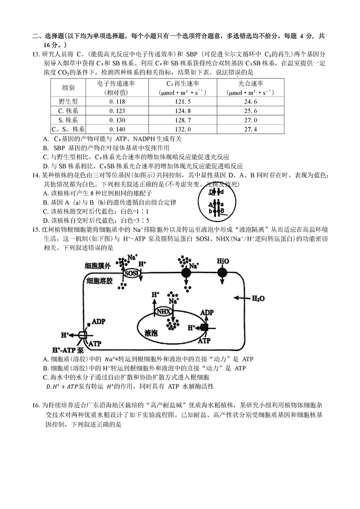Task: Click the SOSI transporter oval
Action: coord(131,273)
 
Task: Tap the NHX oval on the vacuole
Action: coord(162,311)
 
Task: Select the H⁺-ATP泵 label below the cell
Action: coord(68,351)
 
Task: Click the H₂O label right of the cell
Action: coord(258,298)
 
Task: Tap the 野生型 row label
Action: coord(69,102)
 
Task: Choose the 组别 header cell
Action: coord(69,88)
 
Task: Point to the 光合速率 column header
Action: coord(251,84)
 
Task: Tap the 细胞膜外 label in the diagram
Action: coord(97,266)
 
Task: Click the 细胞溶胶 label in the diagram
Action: coord(97,280)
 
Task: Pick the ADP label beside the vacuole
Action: coord(207,313)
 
